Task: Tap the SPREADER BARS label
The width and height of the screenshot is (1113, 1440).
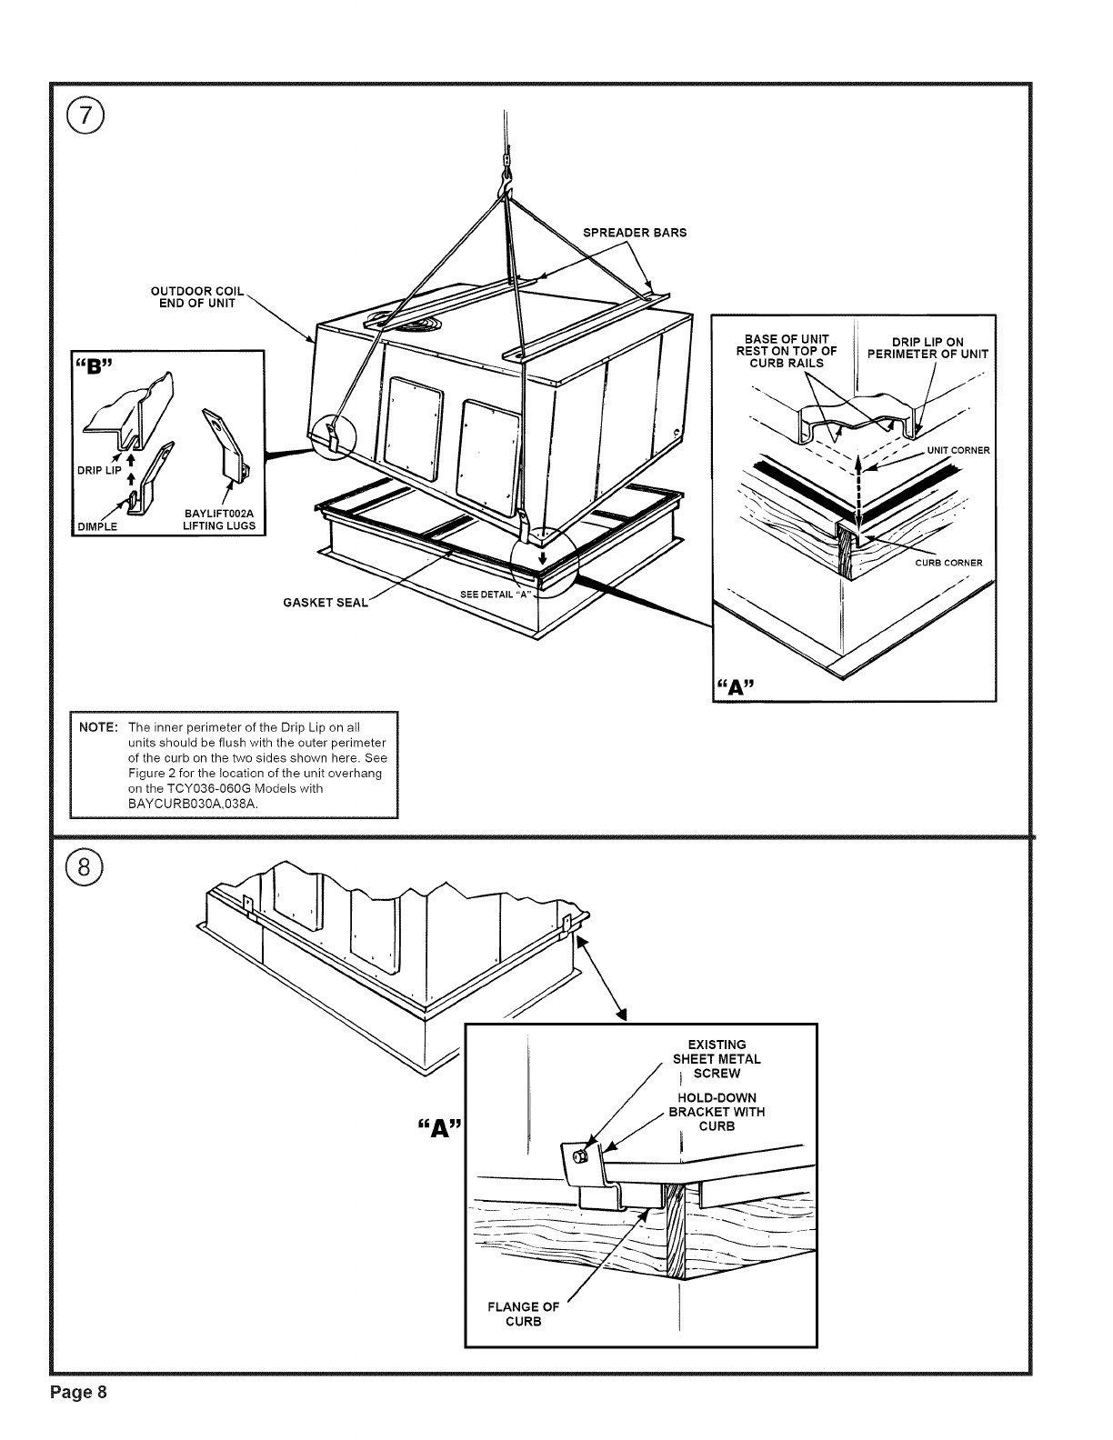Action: [x=634, y=232]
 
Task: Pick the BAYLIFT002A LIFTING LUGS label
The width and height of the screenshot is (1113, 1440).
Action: [x=218, y=520]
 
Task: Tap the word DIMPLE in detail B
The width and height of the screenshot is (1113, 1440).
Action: [x=96, y=526]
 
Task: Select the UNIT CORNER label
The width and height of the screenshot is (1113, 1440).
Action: [x=958, y=450]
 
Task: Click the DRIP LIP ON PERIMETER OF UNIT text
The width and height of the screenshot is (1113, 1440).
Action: [x=927, y=348]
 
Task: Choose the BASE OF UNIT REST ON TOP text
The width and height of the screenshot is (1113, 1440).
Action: [x=787, y=351]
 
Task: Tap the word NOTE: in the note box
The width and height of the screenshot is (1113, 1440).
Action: [x=97, y=728]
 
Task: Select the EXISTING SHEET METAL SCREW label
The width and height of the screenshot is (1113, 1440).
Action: [x=717, y=1059]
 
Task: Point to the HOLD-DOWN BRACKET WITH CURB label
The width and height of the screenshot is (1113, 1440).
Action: [x=717, y=1112]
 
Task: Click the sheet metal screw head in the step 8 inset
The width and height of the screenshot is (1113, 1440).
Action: [x=579, y=1155]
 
